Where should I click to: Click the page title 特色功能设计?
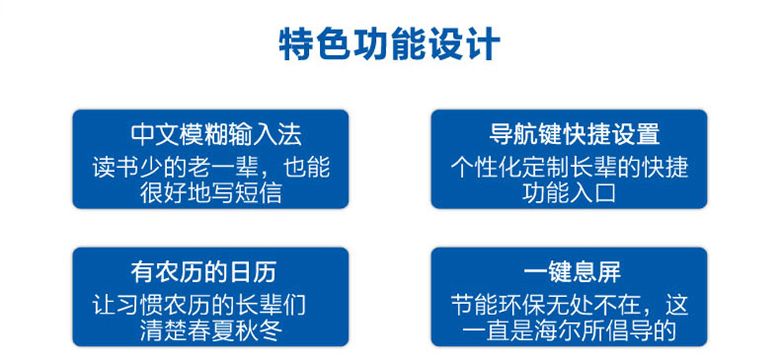[x=389, y=45]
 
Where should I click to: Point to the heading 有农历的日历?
[x=203, y=273]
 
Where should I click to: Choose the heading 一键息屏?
[x=572, y=273]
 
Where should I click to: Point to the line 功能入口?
[x=569, y=193]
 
